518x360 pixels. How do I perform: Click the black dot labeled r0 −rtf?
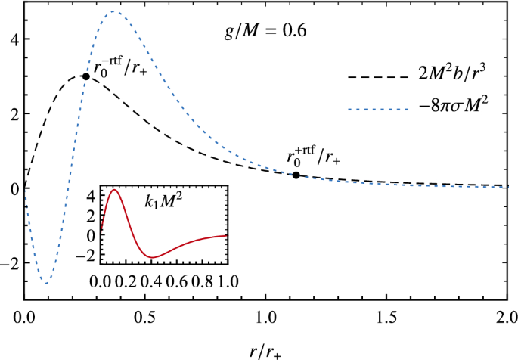pyautogui.click(x=86, y=76)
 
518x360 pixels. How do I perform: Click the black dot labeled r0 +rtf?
pyautogui.click(x=296, y=175)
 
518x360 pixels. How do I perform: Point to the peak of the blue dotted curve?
pyautogui.click(x=113, y=11)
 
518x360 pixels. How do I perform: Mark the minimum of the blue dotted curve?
pyautogui.click(x=47, y=284)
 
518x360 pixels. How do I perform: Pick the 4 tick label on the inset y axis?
pyautogui.click(x=90, y=194)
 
